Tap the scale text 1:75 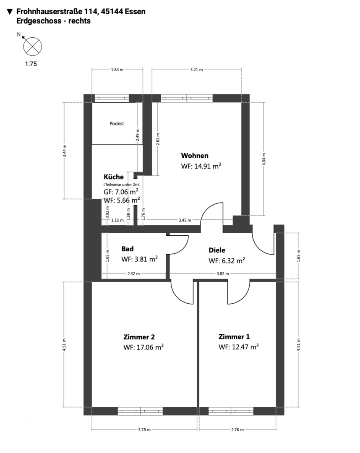click(31, 64)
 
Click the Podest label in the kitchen click(117, 124)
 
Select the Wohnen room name click(195, 156)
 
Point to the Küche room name click(114, 177)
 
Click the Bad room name click(128, 249)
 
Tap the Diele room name click(217, 250)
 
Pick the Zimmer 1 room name click(234, 337)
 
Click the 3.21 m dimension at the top click(196, 70)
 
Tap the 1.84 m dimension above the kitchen click(117, 70)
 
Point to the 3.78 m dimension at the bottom click(144, 430)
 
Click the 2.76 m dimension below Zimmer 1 click(237, 430)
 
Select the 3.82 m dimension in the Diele click(222, 273)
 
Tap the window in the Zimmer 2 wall click(140, 411)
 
